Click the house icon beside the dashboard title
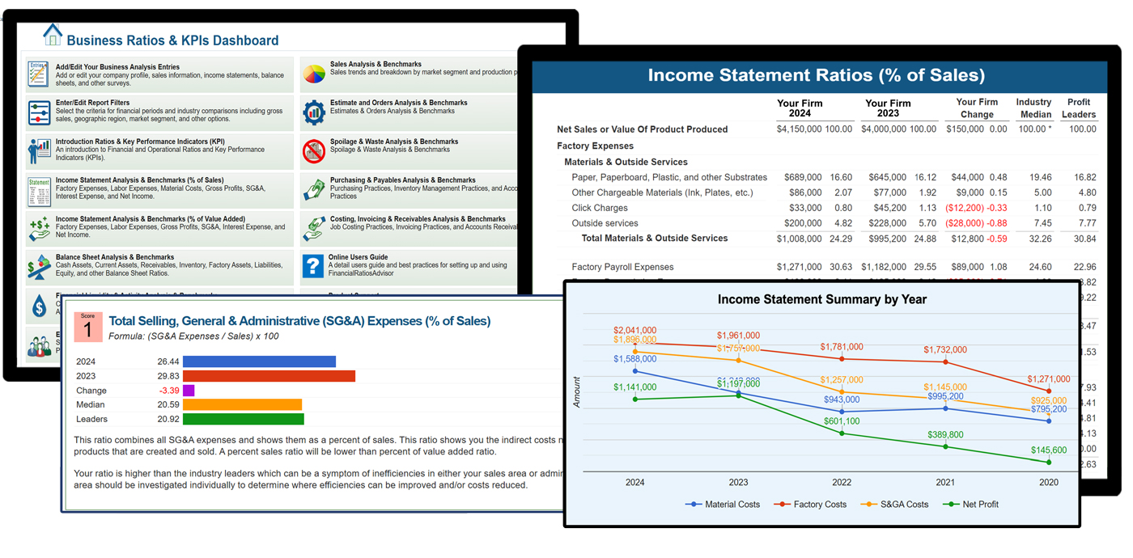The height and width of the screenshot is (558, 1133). (x=53, y=35)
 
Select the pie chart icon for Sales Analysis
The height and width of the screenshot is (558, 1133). (x=314, y=74)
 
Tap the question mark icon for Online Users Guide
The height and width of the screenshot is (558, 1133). (x=313, y=265)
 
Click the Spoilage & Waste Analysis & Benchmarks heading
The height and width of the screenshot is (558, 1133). (x=393, y=142)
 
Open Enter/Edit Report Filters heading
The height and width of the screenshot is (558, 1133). (x=92, y=103)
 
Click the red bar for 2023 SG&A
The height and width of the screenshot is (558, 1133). (x=269, y=376)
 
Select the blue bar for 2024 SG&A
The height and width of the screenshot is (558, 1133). (x=259, y=361)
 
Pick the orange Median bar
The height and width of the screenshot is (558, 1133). (x=242, y=404)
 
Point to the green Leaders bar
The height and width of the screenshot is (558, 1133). (x=243, y=419)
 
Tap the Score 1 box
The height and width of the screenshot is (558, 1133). (x=87, y=327)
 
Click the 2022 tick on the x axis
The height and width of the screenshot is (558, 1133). (x=842, y=482)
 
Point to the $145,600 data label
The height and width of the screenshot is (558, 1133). (x=1049, y=450)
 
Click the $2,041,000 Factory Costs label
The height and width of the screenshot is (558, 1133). (x=634, y=331)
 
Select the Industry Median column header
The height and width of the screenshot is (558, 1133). (x=1033, y=108)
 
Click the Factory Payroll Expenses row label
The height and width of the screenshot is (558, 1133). (x=622, y=267)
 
